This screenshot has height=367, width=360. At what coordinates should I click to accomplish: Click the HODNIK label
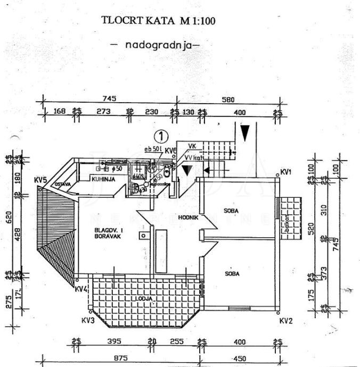click(x=189, y=218)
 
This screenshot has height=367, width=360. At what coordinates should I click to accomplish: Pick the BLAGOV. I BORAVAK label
click(x=109, y=233)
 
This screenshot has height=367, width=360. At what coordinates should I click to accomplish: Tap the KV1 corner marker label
click(x=286, y=172)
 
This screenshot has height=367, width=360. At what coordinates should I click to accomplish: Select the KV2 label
click(x=286, y=320)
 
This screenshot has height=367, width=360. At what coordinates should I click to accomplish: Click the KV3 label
click(x=88, y=320)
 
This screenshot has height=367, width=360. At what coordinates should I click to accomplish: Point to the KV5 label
click(x=41, y=179)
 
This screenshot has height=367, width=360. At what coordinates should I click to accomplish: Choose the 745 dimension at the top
click(x=109, y=98)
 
